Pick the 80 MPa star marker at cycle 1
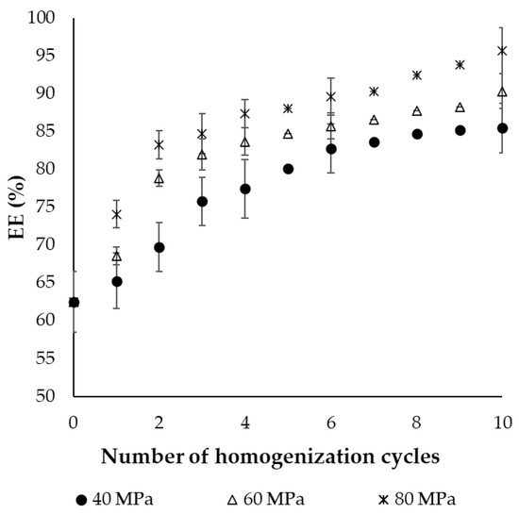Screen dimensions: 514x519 click(x=116, y=214)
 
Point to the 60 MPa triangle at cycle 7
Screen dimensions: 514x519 click(x=374, y=120)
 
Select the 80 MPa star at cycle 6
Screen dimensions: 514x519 click(x=330, y=96)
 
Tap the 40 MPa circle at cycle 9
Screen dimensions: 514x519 click(x=460, y=130)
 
